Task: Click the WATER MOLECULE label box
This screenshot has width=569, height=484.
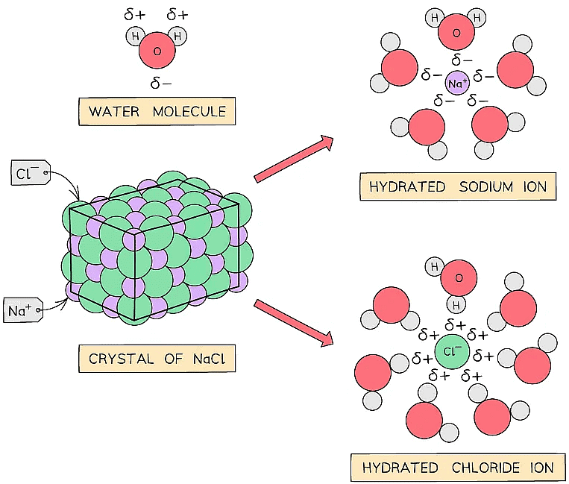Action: pos(157,113)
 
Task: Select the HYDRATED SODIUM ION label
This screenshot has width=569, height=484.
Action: pos(458,186)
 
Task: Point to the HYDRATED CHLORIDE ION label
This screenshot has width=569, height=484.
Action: pos(458,468)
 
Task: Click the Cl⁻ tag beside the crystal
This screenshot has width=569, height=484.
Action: pos(31,175)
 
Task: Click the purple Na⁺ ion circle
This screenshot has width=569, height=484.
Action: pos(458,84)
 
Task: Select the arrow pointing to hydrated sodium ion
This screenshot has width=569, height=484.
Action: pos(294,159)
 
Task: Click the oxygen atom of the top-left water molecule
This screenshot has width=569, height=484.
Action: pos(157,51)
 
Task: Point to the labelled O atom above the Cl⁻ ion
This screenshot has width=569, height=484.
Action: pos(459,279)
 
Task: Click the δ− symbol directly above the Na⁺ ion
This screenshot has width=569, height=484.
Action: pos(462,60)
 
